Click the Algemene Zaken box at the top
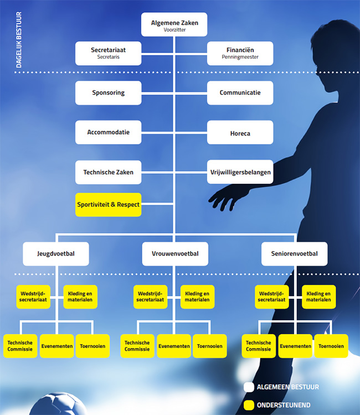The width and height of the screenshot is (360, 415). coord(174,24)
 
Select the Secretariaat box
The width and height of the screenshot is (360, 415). coord(109,53)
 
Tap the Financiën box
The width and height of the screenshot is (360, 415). coord(240,53)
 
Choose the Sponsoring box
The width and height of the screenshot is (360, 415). coord(109,92)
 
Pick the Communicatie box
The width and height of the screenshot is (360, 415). coord(240,92)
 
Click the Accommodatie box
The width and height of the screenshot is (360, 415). coord(109,132)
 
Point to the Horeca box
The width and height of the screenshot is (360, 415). coord(240,133)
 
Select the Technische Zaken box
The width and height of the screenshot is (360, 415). coord(109,172)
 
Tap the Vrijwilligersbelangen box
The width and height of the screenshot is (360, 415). coord(240,172)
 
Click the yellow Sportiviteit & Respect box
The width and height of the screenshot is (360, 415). coord(109,204)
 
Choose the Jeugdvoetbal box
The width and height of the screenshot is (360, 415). coord(56,253)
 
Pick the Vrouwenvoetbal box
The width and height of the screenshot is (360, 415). coord(174,253)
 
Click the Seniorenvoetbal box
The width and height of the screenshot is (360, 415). coord(294,253)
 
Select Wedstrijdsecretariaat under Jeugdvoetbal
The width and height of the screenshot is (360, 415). coord(33,297)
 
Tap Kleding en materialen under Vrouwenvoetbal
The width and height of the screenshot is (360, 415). coord(197,297)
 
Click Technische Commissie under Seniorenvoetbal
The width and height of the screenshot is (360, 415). coord(258,346)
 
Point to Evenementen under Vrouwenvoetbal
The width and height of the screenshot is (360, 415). coord(174,346)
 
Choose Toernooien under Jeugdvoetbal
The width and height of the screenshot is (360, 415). coord(91,346)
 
